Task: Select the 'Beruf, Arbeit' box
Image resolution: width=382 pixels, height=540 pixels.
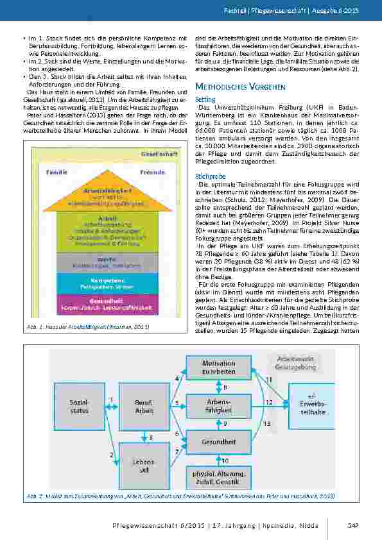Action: click(x=144, y=405)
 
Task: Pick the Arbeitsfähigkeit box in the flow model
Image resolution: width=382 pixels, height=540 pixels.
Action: click(x=220, y=405)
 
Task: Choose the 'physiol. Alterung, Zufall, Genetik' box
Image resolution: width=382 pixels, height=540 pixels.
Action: click(x=220, y=476)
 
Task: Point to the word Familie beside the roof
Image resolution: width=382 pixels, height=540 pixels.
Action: click(x=59, y=173)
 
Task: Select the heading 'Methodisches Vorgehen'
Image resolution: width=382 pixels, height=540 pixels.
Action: click(x=240, y=86)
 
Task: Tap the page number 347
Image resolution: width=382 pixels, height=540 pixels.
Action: click(x=352, y=526)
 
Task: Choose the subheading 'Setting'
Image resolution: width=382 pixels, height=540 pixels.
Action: click(x=205, y=99)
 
